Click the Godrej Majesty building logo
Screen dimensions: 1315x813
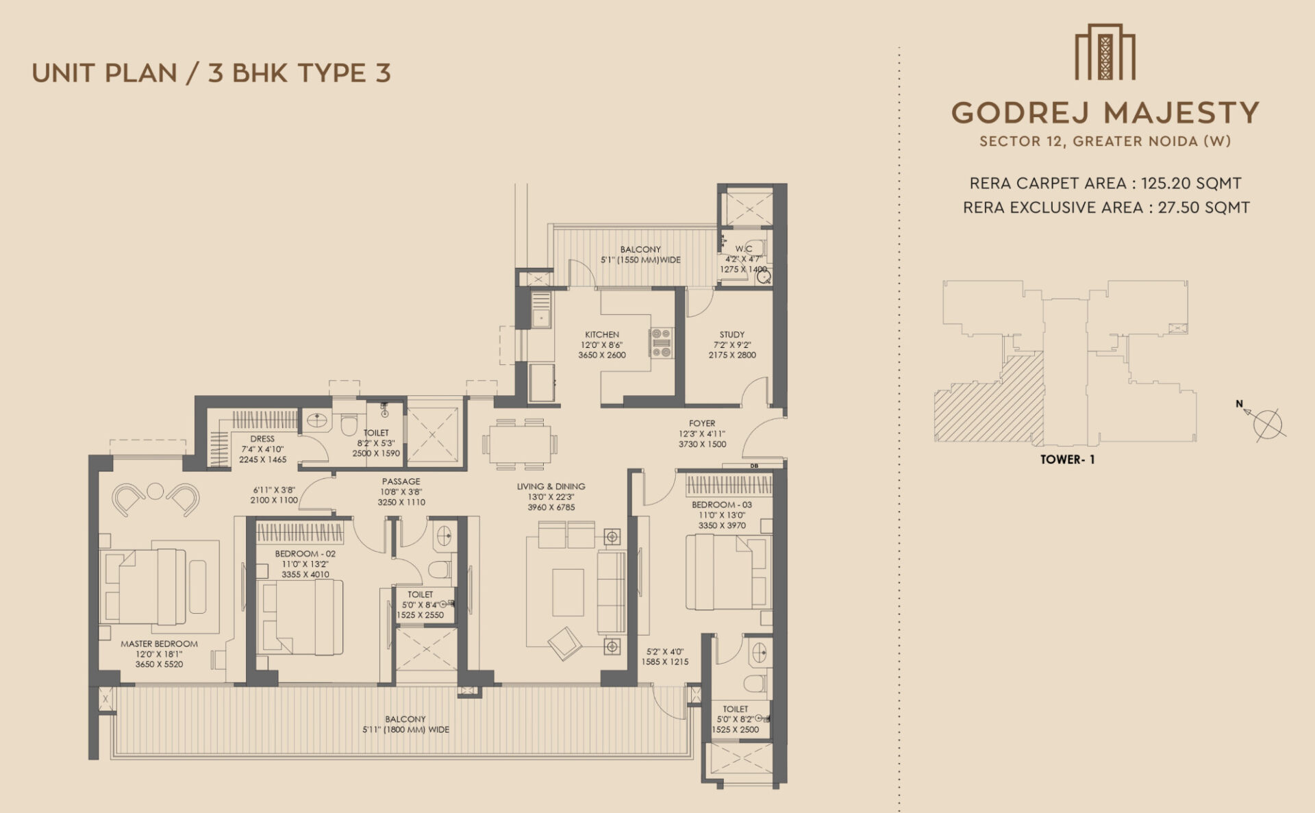coord(1105,52)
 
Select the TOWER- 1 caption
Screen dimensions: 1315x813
coord(1067,460)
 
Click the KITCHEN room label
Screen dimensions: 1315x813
coord(602,335)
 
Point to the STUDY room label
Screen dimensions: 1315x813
coord(732,335)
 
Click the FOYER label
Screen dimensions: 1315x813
coord(702,423)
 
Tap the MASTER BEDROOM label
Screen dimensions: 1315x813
coord(159,644)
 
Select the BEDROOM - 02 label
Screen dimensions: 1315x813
coord(305,553)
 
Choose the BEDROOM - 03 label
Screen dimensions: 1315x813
coord(722,505)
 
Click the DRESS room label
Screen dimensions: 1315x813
coord(262,439)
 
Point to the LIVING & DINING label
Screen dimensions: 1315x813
coord(551,487)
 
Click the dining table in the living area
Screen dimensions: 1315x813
coord(519,444)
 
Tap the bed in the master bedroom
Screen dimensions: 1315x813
coord(143,586)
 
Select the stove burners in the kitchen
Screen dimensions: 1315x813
coord(661,343)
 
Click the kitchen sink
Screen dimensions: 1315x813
coord(542,318)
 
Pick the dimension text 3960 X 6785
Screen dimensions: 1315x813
coord(551,508)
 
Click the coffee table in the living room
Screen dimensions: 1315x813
coord(568,592)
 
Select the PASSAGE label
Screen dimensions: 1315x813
coord(401,481)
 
